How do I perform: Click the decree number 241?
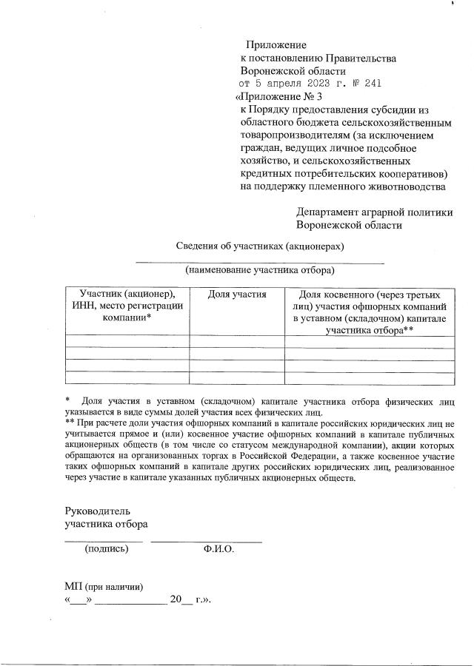[372, 84]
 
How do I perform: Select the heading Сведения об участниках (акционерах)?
[260, 246]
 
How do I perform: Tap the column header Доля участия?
[237, 294]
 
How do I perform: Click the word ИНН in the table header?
[83, 306]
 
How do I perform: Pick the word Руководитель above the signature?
[97, 511]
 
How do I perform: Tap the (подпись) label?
[107, 549]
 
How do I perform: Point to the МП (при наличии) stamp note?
[104, 586]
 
